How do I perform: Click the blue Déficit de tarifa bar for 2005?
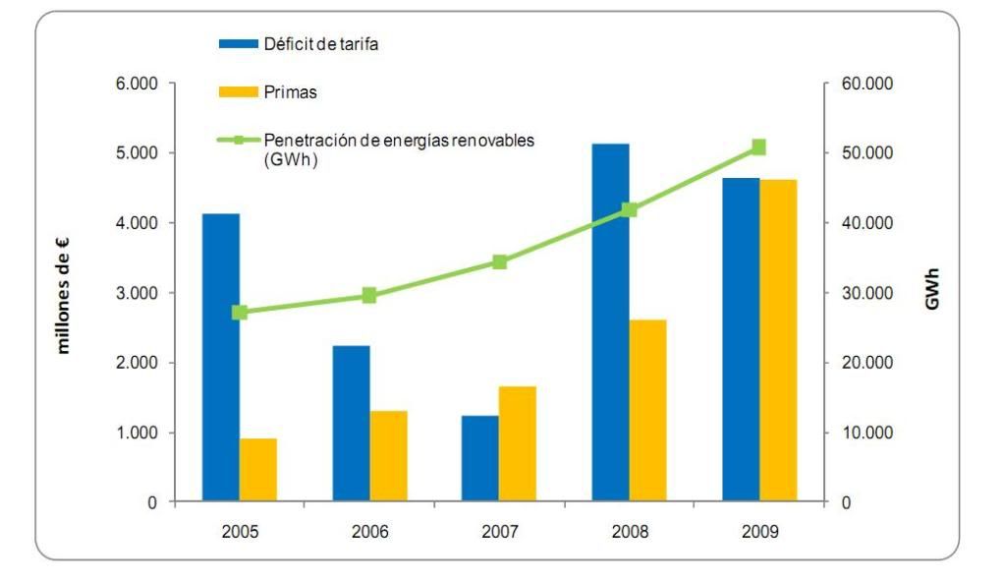click(221, 358)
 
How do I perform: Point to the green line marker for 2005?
click(240, 313)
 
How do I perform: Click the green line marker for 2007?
click(499, 261)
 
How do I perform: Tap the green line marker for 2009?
click(758, 147)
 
